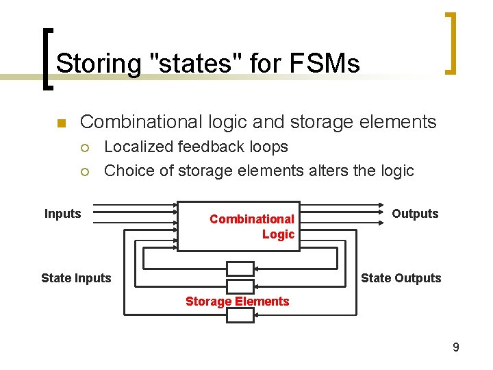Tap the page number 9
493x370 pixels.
tap(456, 348)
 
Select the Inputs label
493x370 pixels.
tap(63, 214)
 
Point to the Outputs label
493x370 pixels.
tap(415, 214)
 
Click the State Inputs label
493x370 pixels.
tap(76, 277)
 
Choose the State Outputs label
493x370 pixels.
tap(401, 277)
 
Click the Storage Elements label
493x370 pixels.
tap(238, 301)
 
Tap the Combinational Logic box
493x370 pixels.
tap(238, 226)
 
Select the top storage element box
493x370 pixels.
tap(240, 269)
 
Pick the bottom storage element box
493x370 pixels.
tap(240, 315)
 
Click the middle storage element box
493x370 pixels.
tap(240, 286)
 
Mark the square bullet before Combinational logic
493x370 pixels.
tap(60, 124)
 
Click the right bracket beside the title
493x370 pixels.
tap(451, 42)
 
